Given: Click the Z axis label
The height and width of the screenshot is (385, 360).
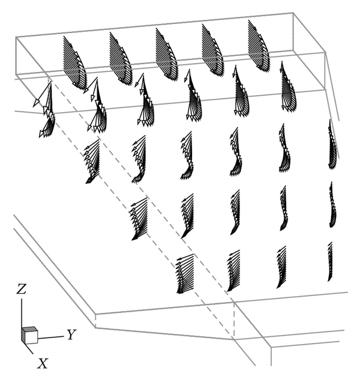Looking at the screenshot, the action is [x=21, y=289].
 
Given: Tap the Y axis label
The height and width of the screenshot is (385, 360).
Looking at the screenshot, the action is [x=72, y=335].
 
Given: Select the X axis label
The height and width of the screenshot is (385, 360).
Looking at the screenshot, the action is [x=43, y=363].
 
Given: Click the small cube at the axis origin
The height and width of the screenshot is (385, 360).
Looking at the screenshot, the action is [x=29, y=335].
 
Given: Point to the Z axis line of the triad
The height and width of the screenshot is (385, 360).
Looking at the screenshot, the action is [x=22, y=314].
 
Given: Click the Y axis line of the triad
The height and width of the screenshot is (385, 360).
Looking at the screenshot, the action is [x=51, y=338].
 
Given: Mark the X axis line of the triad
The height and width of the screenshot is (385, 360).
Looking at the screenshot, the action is [x=29, y=348].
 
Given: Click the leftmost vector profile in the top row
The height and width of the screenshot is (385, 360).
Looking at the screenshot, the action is [x=75, y=63].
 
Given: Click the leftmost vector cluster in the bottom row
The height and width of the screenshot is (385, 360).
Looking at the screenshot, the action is [x=185, y=274].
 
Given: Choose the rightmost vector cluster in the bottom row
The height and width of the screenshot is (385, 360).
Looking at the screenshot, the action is [x=330, y=262].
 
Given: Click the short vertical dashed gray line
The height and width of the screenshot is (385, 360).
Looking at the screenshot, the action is [x=234, y=320].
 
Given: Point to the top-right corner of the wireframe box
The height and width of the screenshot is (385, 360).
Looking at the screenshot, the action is [x=293, y=12].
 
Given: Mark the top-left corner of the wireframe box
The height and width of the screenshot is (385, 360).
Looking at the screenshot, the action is [x=16, y=37].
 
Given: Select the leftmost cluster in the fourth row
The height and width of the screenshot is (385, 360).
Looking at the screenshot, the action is [x=139, y=219].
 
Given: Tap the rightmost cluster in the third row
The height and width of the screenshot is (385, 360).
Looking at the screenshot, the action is [x=332, y=145].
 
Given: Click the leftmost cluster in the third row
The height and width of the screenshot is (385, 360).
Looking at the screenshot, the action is [x=92, y=162].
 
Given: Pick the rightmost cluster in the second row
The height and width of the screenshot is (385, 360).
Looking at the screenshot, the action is [x=289, y=86].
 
